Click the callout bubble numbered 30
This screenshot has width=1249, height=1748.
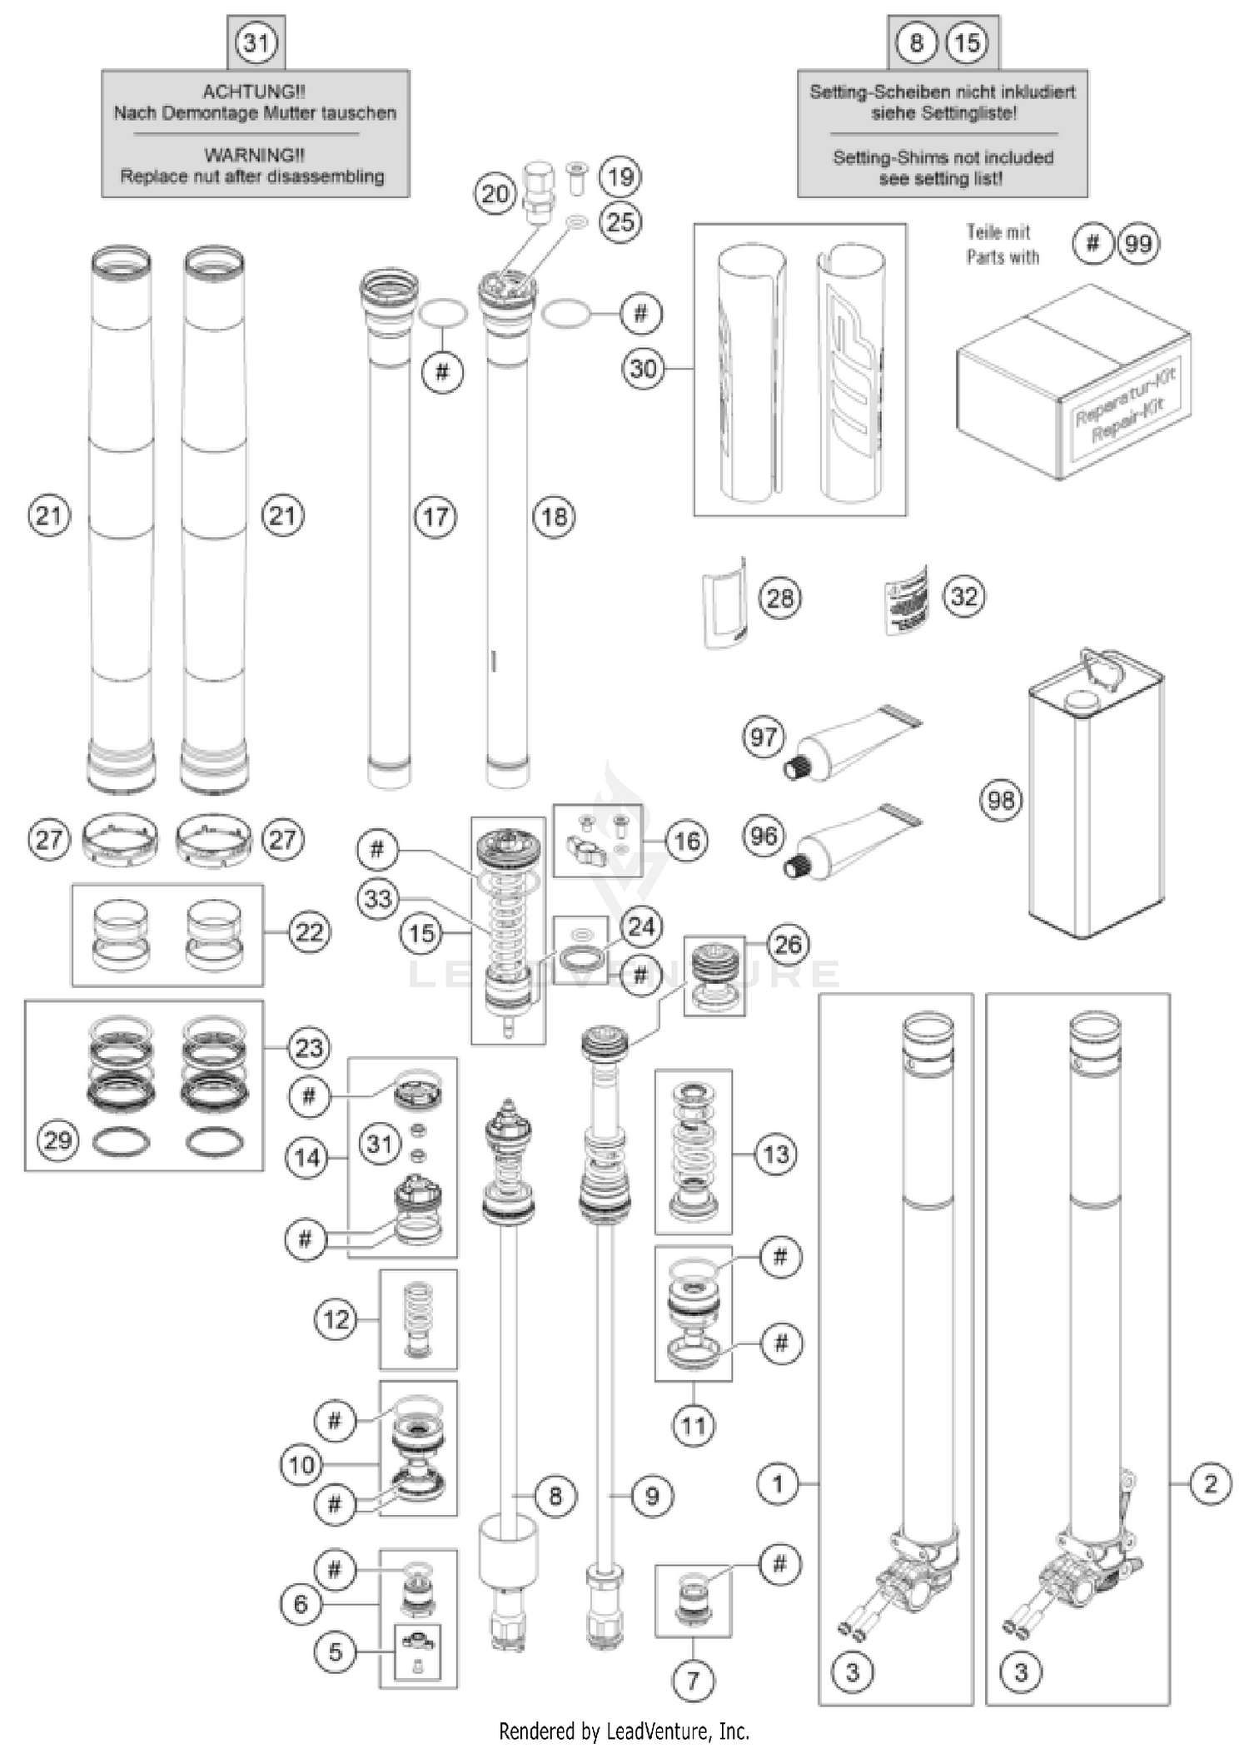(x=643, y=368)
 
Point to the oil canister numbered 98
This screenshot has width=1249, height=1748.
(x=1095, y=799)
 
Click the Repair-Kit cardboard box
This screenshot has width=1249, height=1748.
(x=1074, y=383)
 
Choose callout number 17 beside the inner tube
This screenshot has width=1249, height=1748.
(x=435, y=517)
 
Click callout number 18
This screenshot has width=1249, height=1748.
(x=555, y=517)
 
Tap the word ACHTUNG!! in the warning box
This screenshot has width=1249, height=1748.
(x=254, y=92)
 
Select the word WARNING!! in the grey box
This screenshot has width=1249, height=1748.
(x=254, y=155)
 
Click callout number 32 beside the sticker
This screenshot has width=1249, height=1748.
(x=964, y=596)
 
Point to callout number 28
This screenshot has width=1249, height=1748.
(x=780, y=598)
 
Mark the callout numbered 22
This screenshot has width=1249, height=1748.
(x=309, y=931)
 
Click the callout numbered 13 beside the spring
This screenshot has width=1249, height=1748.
(x=775, y=1154)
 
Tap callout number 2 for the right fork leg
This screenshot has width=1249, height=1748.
(x=1210, y=1482)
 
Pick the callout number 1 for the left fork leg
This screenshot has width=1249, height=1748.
(x=778, y=1482)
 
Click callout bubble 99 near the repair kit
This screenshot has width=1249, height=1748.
(x=1137, y=244)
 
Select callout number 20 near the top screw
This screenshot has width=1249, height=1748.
(x=495, y=195)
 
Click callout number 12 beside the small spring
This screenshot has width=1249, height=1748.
(x=336, y=1318)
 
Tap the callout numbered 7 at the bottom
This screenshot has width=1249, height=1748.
(x=693, y=1680)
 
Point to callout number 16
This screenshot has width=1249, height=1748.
(x=686, y=841)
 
